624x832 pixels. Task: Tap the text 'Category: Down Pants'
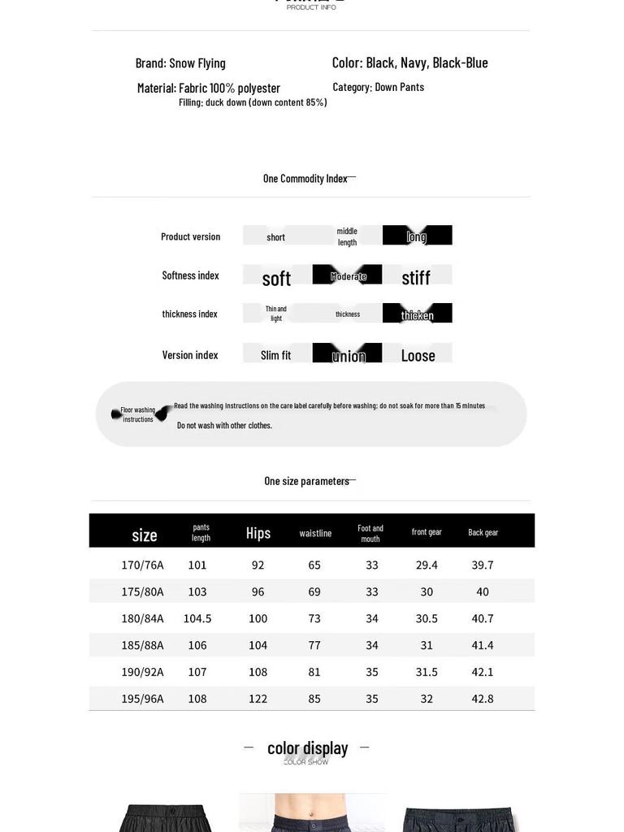tap(378, 87)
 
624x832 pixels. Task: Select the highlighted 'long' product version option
tap(417, 236)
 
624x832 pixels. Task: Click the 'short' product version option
tap(276, 237)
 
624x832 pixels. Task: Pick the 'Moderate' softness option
tap(348, 276)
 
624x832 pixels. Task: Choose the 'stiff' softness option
tap(416, 278)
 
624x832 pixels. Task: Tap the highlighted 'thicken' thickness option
tap(417, 314)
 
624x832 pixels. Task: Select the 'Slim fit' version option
tap(275, 355)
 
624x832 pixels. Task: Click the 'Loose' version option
tap(418, 355)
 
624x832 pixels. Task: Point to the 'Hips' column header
tap(258, 533)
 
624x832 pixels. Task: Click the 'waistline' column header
tap(315, 533)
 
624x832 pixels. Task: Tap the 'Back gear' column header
tap(483, 532)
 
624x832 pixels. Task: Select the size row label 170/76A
tap(142, 565)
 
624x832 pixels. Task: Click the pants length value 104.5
tap(197, 618)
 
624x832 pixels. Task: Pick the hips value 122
tap(258, 699)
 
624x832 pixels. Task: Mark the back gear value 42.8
tap(483, 699)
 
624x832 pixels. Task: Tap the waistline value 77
tap(314, 645)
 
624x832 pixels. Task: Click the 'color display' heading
tap(307, 748)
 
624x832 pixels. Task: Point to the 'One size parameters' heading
tap(306, 481)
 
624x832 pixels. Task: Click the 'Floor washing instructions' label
tap(138, 414)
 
